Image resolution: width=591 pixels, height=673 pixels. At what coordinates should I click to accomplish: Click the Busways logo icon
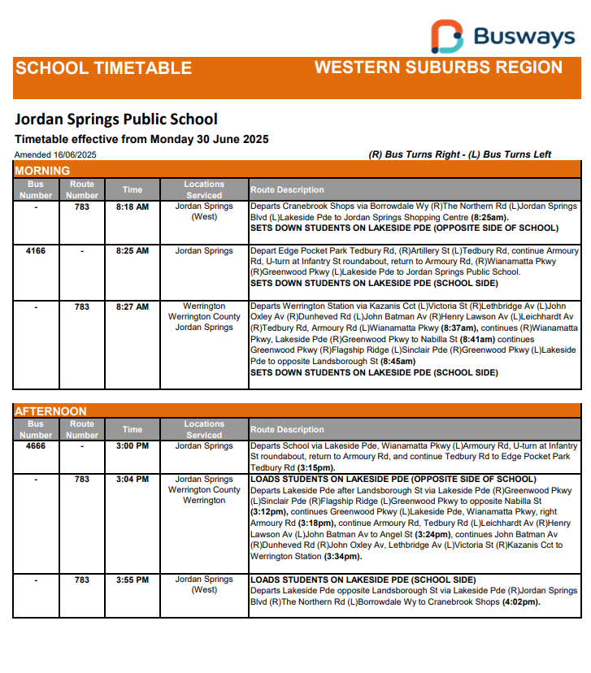tap(447, 37)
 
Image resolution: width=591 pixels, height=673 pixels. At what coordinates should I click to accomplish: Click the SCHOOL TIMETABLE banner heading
tap(103, 68)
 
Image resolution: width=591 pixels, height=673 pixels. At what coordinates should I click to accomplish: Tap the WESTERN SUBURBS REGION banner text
tap(438, 67)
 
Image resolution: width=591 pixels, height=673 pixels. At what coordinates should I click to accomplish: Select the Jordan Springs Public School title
tap(116, 120)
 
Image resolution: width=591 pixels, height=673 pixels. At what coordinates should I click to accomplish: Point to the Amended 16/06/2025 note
tap(55, 154)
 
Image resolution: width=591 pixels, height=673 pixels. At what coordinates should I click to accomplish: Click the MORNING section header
tap(42, 171)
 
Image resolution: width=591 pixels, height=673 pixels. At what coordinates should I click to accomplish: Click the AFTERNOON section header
tap(50, 411)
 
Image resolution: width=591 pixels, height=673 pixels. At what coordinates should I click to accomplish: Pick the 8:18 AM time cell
tap(133, 207)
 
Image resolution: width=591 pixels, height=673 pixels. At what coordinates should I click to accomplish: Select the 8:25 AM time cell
tap(133, 251)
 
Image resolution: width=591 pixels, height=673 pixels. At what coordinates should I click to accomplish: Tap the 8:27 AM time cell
tap(133, 307)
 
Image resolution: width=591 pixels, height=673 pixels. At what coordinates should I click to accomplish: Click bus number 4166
tap(36, 251)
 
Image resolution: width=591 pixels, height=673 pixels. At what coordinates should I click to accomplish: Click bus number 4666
tap(36, 446)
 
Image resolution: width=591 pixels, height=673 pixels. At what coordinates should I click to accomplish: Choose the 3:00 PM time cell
tap(133, 446)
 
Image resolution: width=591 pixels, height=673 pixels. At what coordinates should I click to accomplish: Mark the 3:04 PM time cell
tap(133, 480)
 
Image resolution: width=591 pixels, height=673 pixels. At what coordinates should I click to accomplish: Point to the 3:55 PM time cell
tap(133, 580)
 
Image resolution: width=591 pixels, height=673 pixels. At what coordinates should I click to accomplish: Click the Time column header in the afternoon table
tap(133, 429)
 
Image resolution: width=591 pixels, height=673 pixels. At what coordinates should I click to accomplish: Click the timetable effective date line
tap(141, 139)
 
